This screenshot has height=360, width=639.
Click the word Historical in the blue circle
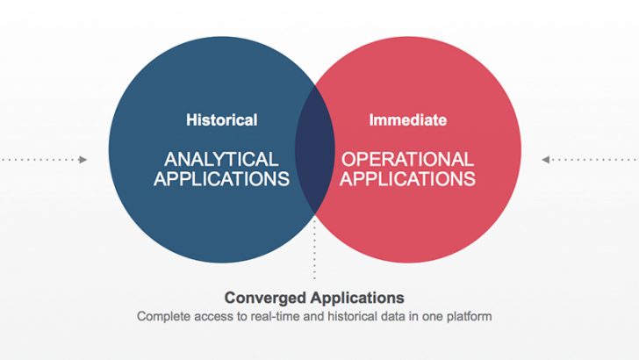coord(222,120)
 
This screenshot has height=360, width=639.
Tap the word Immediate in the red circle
coord(408,120)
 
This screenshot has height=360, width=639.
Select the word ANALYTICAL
coord(221,159)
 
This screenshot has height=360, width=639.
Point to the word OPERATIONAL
coord(407,159)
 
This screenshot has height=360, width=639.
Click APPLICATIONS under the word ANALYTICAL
coord(222,178)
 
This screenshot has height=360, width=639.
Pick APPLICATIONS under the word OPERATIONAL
coord(407,178)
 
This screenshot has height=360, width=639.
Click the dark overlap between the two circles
coord(315,149)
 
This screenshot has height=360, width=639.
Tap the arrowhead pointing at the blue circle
coord(83,160)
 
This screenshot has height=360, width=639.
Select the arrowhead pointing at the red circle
coord(546,160)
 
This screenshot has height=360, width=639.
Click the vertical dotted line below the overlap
coord(314,249)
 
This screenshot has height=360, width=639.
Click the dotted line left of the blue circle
coord(39,160)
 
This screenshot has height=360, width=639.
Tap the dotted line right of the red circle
coord(594,160)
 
